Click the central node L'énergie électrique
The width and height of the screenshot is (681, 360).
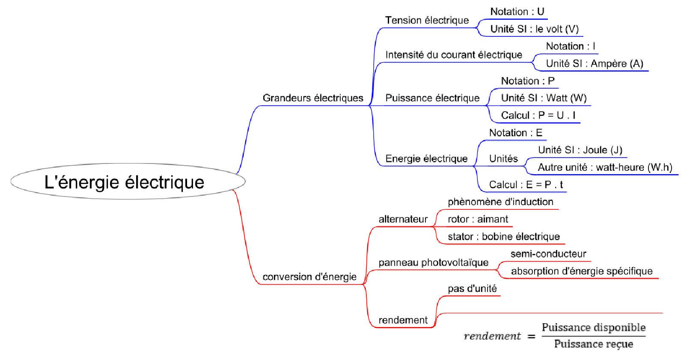click(125, 182)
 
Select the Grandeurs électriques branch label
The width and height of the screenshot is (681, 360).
click(313, 98)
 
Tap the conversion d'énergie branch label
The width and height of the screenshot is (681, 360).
click(309, 277)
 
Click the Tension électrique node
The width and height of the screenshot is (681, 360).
click(427, 20)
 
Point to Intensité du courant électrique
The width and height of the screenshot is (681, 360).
click(454, 55)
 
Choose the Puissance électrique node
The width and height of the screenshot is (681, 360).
click(432, 98)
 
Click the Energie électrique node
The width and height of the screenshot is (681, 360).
click(426, 159)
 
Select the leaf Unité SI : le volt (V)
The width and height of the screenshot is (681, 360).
click(535, 29)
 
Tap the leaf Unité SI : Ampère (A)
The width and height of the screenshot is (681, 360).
click(595, 64)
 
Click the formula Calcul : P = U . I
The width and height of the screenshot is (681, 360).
click(538, 116)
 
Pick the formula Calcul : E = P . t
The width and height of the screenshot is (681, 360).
click(526, 185)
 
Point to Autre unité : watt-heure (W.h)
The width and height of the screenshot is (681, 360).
click(605, 167)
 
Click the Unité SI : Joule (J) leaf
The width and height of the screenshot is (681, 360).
click(580, 150)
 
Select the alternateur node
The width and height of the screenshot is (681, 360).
click(403, 219)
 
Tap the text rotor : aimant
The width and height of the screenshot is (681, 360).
click(478, 219)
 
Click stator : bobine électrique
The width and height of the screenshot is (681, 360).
click(504, 237)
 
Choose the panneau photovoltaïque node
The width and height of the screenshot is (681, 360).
click(433, 262)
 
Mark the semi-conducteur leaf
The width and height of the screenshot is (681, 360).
click(548, 254)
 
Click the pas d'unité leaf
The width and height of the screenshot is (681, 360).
click(472, 289)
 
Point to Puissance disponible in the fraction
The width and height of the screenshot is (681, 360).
click(594, 327)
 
